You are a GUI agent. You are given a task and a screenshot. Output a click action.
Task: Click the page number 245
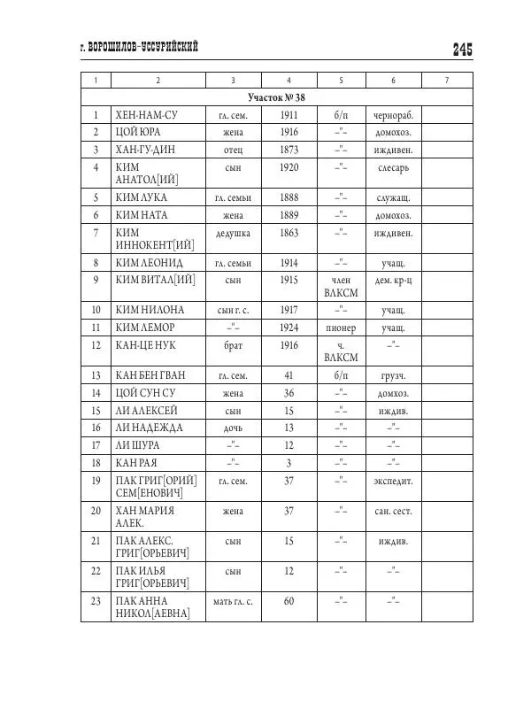point(462,50)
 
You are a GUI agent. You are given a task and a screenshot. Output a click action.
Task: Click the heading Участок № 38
point(276,97)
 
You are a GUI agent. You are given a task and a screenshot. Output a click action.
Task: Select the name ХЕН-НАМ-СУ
point(148,115)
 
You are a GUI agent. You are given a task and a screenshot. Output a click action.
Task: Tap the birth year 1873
point(289,149)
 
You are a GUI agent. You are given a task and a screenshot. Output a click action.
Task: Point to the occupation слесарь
point(394,167)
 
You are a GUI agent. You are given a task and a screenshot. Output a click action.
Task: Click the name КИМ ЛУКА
point(141,197)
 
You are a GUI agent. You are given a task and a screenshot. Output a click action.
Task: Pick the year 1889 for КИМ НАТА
point(289,214)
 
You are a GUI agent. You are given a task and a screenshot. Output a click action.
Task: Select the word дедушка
point(234,233)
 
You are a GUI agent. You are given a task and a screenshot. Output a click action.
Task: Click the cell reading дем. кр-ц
point(394,280)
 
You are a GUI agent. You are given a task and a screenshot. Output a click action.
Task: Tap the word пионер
point(341,328)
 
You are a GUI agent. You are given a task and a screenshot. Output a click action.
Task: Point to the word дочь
point(234,428)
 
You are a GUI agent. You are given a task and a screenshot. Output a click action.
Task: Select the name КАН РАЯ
point(137,462)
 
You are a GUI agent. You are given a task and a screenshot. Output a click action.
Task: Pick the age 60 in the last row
point(289,602)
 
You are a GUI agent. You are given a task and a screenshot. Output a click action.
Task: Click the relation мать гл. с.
point(234,602)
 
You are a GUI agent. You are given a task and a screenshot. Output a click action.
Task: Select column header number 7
point(446,81)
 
